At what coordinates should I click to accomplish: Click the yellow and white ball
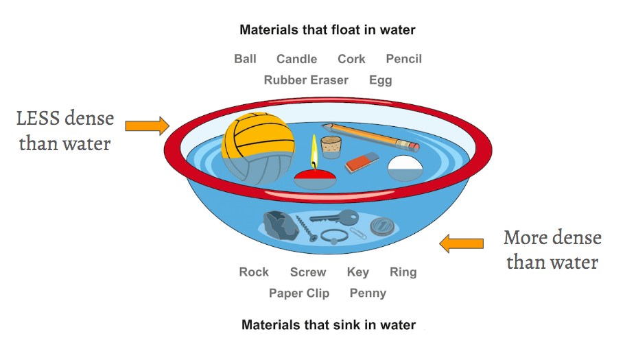255,147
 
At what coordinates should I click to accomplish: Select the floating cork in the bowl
332,146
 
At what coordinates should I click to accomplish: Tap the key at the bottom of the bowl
334,218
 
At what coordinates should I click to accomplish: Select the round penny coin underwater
381,225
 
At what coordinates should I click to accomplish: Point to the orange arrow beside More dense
461,243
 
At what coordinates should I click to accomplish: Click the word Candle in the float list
296,59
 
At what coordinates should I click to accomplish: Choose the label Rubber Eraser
306,80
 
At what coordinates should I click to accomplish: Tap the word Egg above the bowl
380,80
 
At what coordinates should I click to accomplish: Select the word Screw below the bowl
308,272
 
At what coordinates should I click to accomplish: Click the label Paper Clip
299,293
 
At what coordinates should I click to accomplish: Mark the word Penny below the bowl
368,293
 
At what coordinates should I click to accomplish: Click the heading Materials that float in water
327,30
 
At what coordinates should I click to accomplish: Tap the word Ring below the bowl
403,272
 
